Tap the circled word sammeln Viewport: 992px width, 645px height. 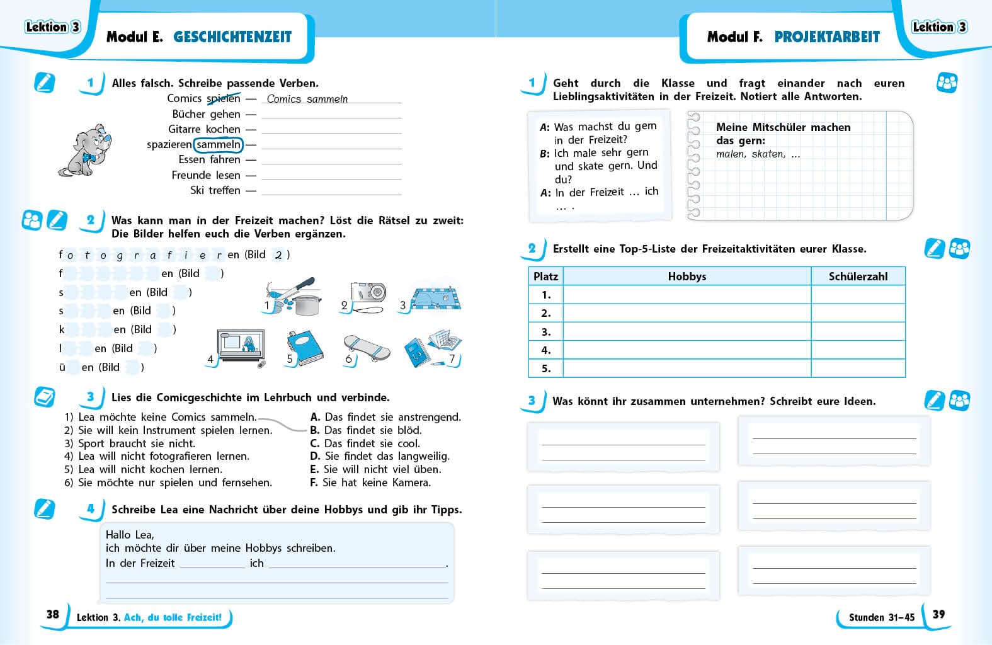(x=218, y=145)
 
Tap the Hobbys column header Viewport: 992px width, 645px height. (x=687, y=277)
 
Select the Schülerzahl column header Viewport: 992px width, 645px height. (x=858, y=277)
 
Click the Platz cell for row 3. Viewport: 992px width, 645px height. (x=546, y=332)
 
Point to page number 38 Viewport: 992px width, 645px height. (x=53, y=614)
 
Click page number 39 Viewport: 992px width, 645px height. (x=938, y=614)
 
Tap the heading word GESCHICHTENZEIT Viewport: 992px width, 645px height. (x=232, y=37)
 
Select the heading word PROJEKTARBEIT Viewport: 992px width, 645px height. (x=827, y=37)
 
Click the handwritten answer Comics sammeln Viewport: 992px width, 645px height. (x=307, y=99)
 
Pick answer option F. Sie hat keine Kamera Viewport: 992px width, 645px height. (x=370, y=482)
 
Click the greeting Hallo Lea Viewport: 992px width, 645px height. (x=130, y=535)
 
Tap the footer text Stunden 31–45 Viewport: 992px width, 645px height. (x=881, y=617)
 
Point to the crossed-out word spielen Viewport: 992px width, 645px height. (x=224, y=98)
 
